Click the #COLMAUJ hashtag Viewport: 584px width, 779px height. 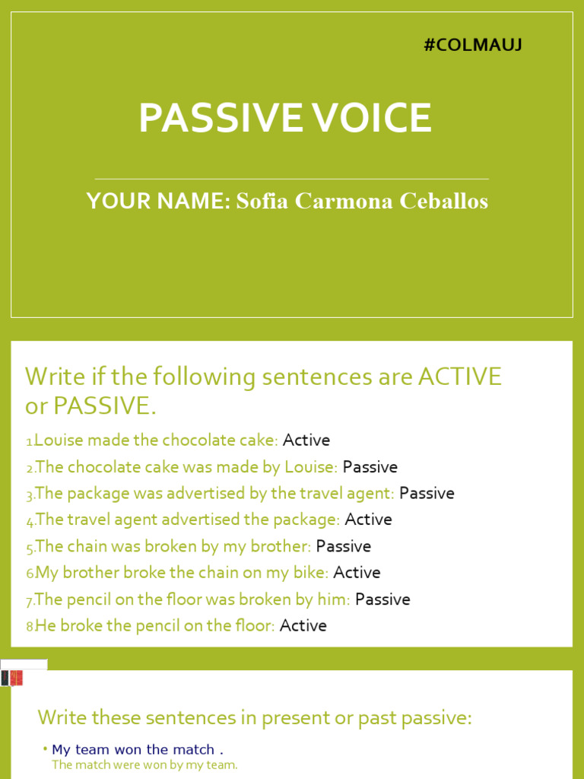472,46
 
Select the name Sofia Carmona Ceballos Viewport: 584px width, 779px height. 362,202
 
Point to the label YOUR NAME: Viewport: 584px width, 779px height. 157,202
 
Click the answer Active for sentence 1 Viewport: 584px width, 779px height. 306,440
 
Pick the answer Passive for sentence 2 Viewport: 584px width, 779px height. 370,467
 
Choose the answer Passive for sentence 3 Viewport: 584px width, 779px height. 427,494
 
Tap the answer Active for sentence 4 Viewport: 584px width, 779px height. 369,520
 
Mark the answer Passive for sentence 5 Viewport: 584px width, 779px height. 344,546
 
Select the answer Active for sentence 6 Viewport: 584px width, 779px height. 357,573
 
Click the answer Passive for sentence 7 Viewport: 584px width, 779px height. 382,599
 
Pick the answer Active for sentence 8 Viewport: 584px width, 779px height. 303,626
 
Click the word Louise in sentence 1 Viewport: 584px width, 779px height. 58,440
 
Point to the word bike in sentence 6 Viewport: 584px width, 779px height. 311,573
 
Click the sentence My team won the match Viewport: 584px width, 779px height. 138,750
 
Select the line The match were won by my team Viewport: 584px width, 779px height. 144,765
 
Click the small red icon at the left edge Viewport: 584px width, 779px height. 15,678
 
